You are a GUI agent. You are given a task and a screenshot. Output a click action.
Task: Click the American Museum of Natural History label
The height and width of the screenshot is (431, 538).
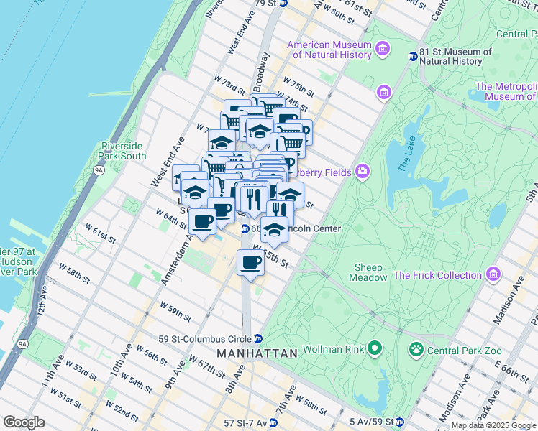coord(329,50)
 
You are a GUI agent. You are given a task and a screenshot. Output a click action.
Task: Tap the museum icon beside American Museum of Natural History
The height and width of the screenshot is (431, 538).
coord(383,50)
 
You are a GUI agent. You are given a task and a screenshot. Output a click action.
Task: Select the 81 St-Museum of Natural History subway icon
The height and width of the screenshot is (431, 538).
coord(414,57)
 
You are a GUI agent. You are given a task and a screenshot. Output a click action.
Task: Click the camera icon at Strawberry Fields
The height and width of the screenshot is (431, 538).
coord(363,172)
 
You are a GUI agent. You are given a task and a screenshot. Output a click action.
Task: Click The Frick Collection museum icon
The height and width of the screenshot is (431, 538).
coord(493,274)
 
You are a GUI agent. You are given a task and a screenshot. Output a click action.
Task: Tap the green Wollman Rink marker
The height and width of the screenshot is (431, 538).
coord(374,351)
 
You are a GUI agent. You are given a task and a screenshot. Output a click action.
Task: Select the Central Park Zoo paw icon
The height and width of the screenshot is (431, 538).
coord(416,351)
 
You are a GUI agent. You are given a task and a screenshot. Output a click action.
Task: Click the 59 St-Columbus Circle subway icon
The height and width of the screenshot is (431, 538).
coord(257,339)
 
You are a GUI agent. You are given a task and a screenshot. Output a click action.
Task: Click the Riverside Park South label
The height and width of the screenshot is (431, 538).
coord(124,151)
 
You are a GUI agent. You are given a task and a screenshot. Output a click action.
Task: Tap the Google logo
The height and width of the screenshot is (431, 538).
coord(24,422)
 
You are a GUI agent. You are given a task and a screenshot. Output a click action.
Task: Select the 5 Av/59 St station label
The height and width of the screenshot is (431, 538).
coord(374,422)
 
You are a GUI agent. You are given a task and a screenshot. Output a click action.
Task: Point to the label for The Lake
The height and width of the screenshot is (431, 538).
coord(406,151)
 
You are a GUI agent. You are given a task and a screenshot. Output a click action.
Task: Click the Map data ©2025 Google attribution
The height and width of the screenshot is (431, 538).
coord(493,425)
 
